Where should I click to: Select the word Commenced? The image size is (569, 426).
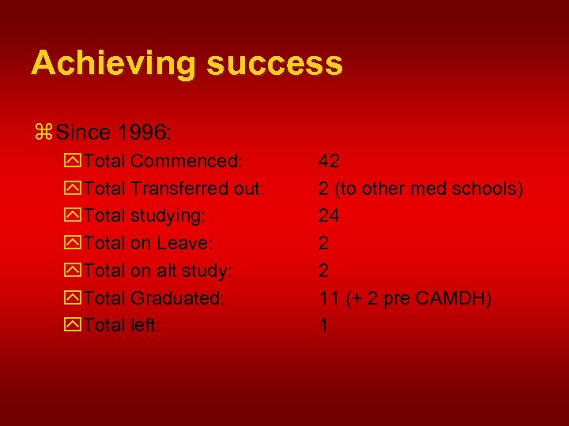coord(187,162)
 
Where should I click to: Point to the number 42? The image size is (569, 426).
coord(330,162)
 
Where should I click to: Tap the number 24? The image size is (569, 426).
coord(330,216)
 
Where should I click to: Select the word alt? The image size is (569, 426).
coord(166,271)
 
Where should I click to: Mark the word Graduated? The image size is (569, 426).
coord(178,298)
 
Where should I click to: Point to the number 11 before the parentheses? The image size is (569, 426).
coord(329,298)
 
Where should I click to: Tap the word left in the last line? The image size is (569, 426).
coord(145,325)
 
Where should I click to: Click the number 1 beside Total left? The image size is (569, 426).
coord(324,325)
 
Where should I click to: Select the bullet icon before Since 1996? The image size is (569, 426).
coord(44,129)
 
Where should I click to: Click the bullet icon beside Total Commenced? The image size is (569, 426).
coord(73,163)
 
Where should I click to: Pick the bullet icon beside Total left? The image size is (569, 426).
coord(73,326)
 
